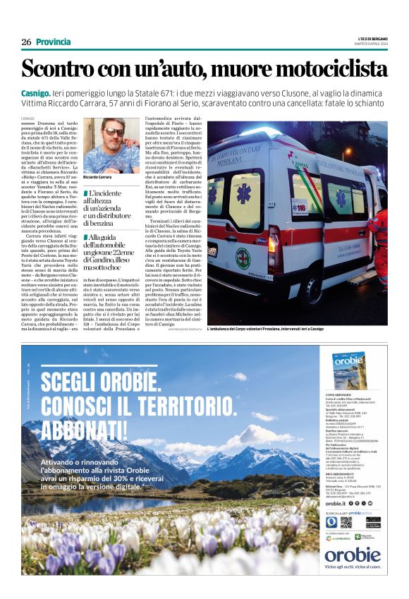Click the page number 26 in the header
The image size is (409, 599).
pyautogui.click(x=26, y=42)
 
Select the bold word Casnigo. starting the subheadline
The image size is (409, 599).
pyautogui.click(x=36, y=93)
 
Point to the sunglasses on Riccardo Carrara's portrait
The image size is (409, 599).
pyautogui.click(x=113, y=132)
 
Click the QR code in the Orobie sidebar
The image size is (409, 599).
pyautogui.click(x=346, y=522)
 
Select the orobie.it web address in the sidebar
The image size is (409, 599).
pyautogui.click(x=336, y=503)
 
